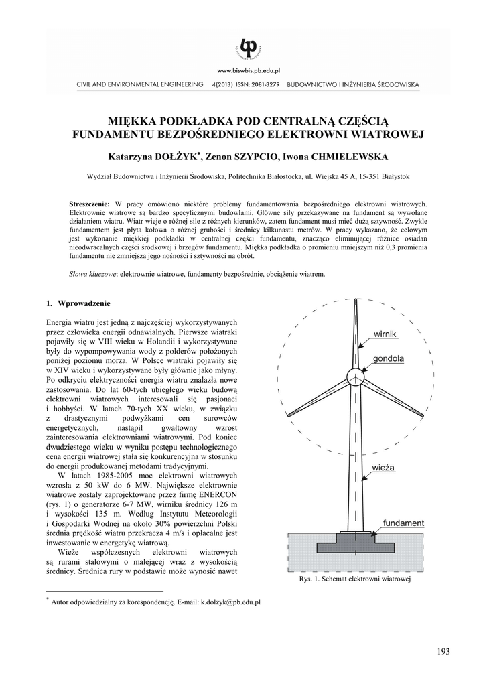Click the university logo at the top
tap(249, 46)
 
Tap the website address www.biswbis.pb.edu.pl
tap(248, 70)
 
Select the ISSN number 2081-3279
tap(260, 85)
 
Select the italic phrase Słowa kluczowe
tap(92, 273)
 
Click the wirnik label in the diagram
tap(386, 333)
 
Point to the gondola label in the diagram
tap(389, 358)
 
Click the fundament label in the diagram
tap(403, 523)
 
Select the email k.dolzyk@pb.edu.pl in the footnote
tap(230, 602)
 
